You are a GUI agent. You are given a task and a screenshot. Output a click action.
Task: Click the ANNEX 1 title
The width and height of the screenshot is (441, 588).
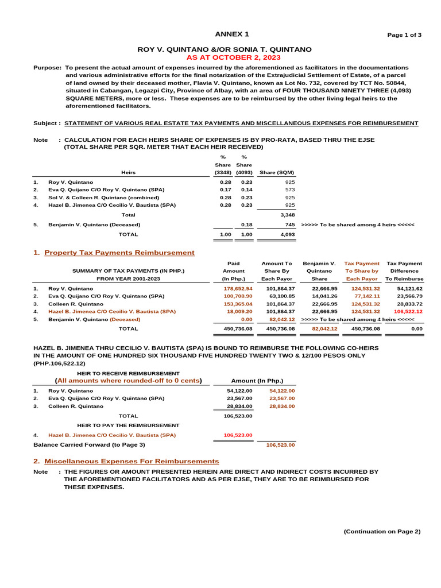click(232, 34)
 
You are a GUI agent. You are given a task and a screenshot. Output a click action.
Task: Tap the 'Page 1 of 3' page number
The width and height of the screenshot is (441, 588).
click(404, 35)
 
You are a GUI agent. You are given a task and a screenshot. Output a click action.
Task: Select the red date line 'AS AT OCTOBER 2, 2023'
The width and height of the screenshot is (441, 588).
click(233, 58)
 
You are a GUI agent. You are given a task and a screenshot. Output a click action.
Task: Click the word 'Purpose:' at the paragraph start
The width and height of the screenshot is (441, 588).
click(48, 68)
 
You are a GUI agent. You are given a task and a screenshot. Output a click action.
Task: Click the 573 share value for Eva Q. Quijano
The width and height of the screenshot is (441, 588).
click(289, 189)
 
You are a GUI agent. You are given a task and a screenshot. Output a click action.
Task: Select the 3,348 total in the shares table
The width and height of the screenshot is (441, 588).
click(287, 214)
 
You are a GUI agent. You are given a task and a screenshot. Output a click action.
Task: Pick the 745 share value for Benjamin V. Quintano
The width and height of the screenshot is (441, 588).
click(289, 225)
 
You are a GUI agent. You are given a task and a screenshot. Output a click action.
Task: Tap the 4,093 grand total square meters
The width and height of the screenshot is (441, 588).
click(287, 234)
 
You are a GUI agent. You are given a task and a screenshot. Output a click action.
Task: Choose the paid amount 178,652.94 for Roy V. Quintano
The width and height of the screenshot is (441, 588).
click(238, 288)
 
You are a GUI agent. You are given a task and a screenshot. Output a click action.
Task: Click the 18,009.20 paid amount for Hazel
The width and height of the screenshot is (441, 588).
click(239, 311)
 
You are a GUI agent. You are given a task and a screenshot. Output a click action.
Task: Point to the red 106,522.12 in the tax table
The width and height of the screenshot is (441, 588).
click(408, 311)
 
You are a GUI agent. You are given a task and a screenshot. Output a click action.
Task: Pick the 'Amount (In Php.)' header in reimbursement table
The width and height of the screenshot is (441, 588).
click(257, 381)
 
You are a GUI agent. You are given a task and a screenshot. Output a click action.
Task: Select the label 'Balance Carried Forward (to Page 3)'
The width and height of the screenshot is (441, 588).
click(90, 444)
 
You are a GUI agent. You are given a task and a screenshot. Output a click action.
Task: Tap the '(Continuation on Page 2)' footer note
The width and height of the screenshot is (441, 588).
click(382, 532)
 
